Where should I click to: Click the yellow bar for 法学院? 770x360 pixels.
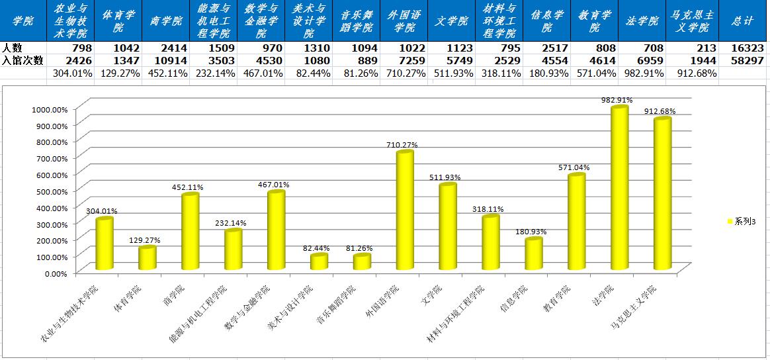(619, 189)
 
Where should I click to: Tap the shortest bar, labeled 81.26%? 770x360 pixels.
(362, 262)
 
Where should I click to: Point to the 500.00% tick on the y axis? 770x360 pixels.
(50, 191)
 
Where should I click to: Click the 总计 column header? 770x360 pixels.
(743, 21)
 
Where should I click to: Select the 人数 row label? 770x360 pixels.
(13, 48)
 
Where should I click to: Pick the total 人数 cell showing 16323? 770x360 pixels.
(744, 48)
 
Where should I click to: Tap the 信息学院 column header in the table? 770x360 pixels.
(546, 21)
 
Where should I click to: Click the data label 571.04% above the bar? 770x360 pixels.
(573, 167)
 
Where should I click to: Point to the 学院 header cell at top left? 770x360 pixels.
(23, 21)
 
